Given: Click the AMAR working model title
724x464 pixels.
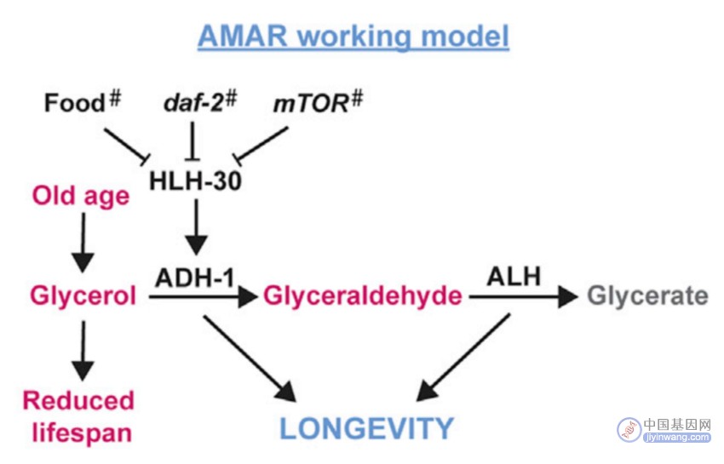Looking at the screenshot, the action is (353, 37).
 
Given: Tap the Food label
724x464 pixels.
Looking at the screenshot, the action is (75, 102).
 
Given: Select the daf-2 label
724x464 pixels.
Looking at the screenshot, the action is (193, 102).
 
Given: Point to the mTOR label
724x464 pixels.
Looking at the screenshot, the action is (311, 103).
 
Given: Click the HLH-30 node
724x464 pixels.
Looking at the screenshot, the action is (195, 180).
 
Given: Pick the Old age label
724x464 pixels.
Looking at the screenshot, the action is (81, 196).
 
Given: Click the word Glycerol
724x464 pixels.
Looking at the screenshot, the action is (83, 295).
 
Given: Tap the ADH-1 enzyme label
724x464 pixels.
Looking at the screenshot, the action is (195, 278).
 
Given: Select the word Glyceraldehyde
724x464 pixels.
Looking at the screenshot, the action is (363, 295).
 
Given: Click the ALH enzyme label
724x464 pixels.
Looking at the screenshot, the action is (514, 277).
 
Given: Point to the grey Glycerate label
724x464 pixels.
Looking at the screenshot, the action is (647, 295).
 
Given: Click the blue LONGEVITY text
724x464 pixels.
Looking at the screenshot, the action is (367, 428).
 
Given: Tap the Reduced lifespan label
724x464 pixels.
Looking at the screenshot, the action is (79, 416).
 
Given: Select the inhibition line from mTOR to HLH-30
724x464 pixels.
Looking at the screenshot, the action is (261, 145).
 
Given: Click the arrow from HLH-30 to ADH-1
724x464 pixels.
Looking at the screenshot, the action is (196, 227).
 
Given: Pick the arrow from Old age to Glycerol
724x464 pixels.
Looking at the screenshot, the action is (83, 243).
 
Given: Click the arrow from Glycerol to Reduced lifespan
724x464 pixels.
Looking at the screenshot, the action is (83, 351).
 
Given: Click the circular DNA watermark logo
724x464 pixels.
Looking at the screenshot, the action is (629, 429).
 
